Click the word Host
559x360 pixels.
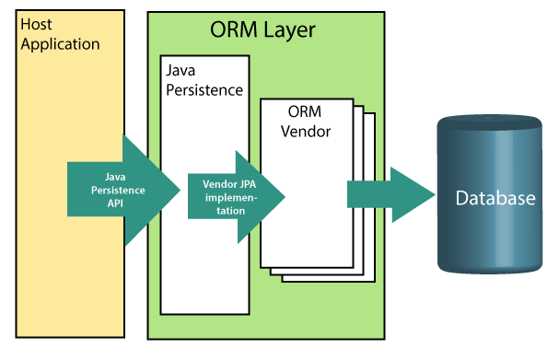pyautogui.click(x=36, y=24)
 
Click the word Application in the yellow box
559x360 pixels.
pyautogui.click(x=60, y=44)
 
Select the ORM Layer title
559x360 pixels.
pyautogui.click(x=262, y=30)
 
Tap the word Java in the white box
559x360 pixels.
pyautogui.click(x=181, y=71)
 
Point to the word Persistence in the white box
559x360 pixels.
pyautogui.click(x=204, y=90)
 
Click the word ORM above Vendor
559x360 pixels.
pyautogui.click(x=305, y=111)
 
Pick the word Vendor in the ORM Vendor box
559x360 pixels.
pyautogui.click(x=306, y=132)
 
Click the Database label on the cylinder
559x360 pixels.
pyautogui.click(x=495, y=198)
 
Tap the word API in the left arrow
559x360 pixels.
pyautogui.click(x=115, y=203)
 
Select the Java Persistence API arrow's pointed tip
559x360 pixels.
pyautogui.click(x=180, y=190)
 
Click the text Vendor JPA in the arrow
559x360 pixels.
pyautogui.click(x=229, y=184)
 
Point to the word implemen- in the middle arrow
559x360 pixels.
pyautogui.click(x=231, y=197)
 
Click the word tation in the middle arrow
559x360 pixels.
pyautogui.click(x=230, y=211)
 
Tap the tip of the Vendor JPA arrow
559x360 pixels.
pyautogui.click(x=285, y=196)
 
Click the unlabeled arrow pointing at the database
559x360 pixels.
pyautogui.click(x=391, y=194)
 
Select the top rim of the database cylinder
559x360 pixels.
pyautogui.click(x=490, y=122)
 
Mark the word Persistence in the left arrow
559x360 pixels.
pyautogui.click(x=118, y=191)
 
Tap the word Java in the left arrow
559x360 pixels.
pyautogui.click(x=115, y=177)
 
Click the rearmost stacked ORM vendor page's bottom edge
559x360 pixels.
pyautogui.click(x=329, y=282)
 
